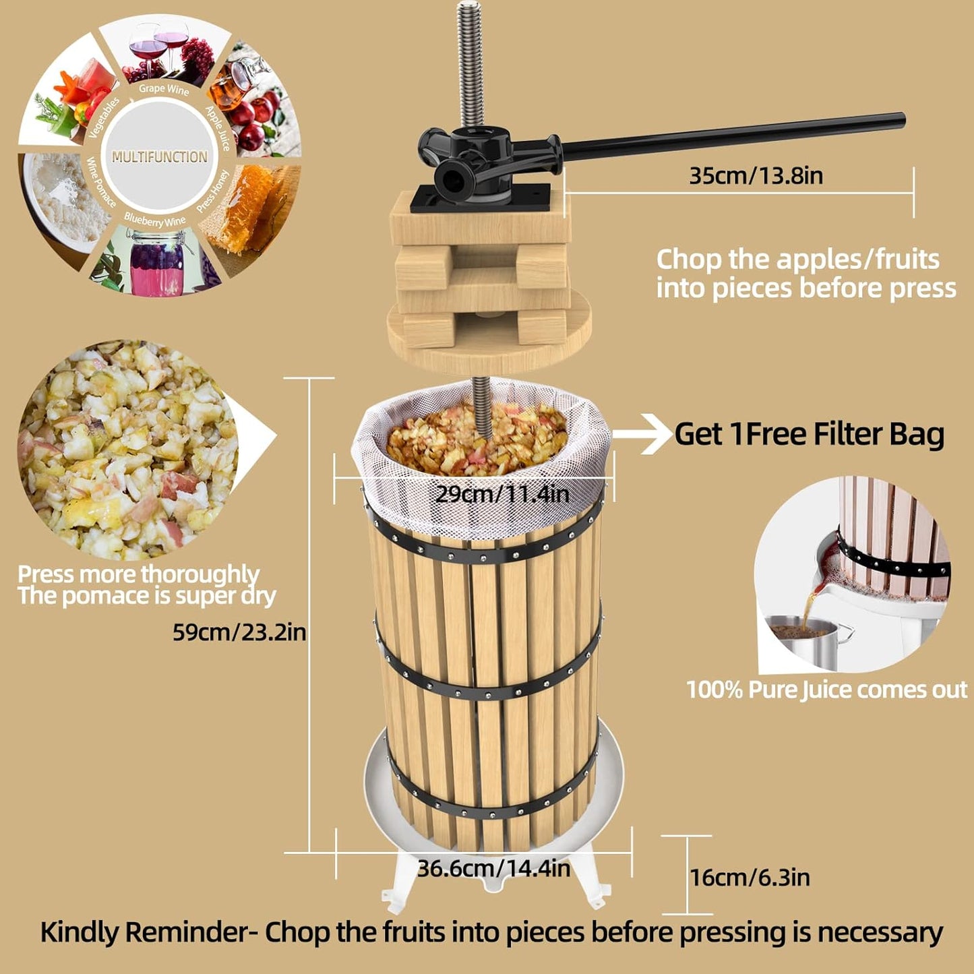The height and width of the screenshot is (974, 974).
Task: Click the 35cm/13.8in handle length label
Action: (x=756, y=176)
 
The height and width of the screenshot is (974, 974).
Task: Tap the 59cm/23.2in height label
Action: (x=239, y=632)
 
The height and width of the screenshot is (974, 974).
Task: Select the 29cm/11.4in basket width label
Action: (x=502, y=494)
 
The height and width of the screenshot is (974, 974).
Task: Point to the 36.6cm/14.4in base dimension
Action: (x=493, y=868)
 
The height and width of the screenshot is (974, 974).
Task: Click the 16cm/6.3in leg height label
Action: (x=750, y=878)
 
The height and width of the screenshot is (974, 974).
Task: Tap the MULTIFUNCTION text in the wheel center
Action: (x=160, y=157)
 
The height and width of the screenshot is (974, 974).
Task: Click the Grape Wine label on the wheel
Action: (x=164, y=89)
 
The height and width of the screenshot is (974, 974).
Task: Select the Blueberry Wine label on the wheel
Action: (x=154, y=220)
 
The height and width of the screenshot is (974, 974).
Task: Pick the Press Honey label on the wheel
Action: (x=213, y=191)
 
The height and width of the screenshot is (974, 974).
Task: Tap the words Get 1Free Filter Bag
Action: (x=809, y=434)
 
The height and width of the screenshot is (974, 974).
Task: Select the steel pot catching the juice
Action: (x=805, y=644)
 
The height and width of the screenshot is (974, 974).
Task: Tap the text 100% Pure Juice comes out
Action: (x=826, y=690)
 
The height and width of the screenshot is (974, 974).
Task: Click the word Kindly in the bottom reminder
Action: (x=80, y=933)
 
